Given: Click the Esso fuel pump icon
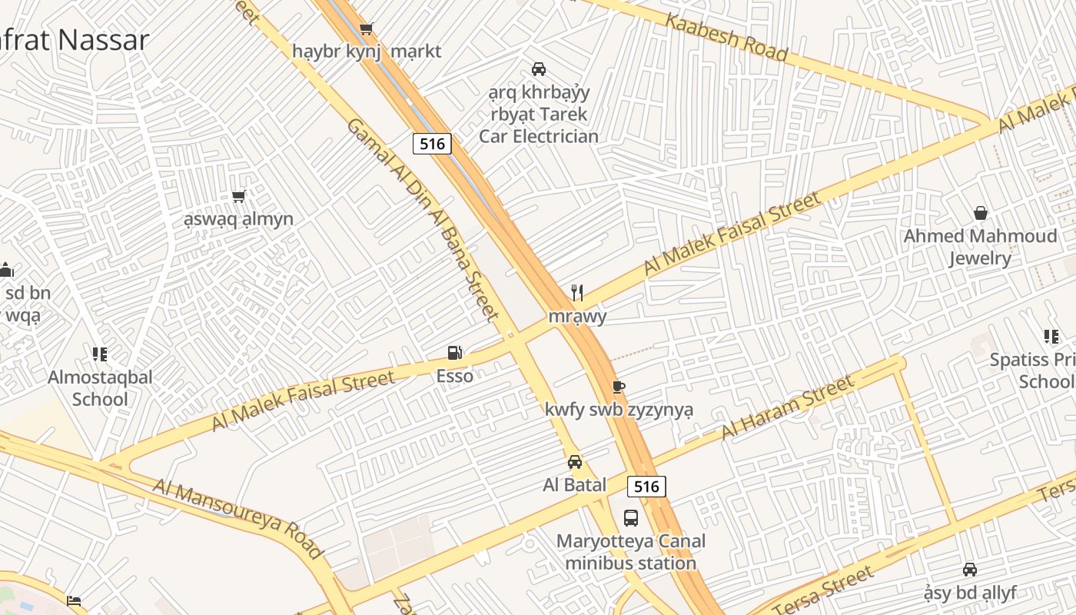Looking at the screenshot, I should [x=455, y=353].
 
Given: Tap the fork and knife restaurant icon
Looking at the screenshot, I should [x=577, y=293].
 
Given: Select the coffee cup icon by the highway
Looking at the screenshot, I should [x=619, y=387].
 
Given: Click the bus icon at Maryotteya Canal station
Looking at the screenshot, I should [x=631, y=517].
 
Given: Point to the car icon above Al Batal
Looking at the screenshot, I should [x=575, y=462].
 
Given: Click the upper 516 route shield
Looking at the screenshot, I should [x=432, y=143].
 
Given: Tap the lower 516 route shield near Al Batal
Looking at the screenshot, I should [x=646, y=486].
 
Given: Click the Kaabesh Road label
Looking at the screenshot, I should [x=726, y=36].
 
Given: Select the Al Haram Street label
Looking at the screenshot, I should [x=788, y=407].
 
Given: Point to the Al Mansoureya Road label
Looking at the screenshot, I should [x=238, y=518].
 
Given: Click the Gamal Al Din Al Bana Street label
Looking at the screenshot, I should [x=423, y=218].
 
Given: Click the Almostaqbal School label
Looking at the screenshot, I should [x=100, y=388].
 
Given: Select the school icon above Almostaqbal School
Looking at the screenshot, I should [x=99, y=354].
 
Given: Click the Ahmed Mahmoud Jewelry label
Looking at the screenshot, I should [x=980, y=247].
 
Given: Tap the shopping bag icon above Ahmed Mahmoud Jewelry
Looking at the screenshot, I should [x=980, y=213].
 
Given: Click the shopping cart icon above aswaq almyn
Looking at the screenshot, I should [x=239, y=197].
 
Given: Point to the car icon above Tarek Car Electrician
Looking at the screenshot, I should [x=539, y=69].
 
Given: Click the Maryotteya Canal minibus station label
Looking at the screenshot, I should [x=631, y=552].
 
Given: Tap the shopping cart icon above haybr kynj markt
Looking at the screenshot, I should [x=367, y=29].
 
